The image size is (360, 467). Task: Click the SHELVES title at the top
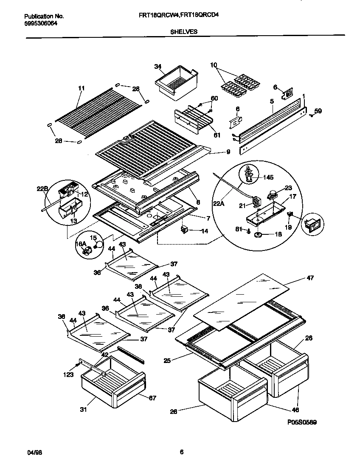point(184,31)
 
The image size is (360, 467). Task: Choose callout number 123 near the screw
point(68,374)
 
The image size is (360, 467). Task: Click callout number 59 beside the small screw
point(318,112)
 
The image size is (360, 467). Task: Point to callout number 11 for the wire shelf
point(81,88)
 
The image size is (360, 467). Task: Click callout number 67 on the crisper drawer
point(152,397)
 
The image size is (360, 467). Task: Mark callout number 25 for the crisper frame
point(168,361)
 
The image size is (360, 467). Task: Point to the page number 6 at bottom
point(181,452)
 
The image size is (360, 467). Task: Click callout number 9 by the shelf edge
point(228,152)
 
